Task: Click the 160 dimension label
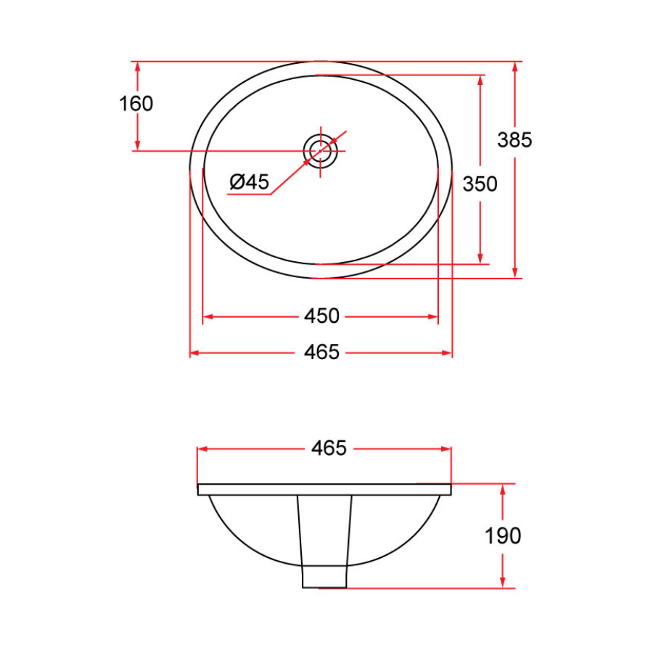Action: pos(136,104)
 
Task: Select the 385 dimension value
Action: pos(514,139)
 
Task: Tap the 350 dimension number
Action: pos(480,184)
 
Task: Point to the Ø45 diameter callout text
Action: pos(249,182)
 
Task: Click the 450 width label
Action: pos(321,316)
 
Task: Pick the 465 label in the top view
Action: pos(321,353)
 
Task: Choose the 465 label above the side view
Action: pos(329,448)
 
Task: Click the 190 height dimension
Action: pos(503,536)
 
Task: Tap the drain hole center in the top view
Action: pos(320,151)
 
